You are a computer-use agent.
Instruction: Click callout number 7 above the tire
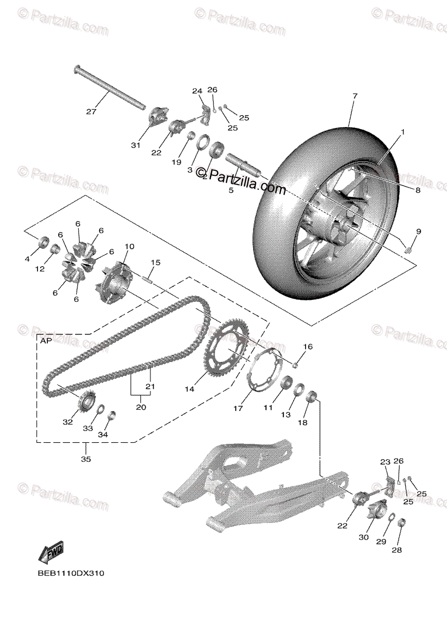coord(354,96)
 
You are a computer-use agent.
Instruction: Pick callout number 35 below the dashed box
coord(85,459)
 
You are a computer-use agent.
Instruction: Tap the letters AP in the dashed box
coord(44,340)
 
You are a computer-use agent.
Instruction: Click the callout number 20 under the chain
coord(141,407)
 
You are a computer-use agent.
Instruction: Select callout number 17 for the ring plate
coord(238,409)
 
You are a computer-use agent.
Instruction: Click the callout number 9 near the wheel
coord(418,231)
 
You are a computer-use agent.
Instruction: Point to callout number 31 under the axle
coord(135,146)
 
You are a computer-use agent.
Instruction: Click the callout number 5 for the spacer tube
coord(231,190)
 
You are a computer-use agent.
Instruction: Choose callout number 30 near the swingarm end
coord(364,537)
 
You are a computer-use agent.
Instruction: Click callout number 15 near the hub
coord(156,262)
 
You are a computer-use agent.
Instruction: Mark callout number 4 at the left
coord(27,260)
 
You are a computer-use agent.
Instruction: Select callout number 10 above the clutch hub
coord(129,247)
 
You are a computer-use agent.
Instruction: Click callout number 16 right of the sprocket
coord(307,347)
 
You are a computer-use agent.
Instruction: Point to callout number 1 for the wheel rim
coord(403,132)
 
